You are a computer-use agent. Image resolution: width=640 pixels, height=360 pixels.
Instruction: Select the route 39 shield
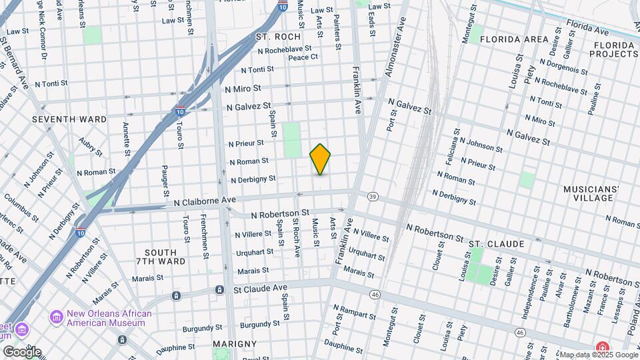[372, 196]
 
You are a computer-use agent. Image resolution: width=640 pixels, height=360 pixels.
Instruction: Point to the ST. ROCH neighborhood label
[278, 37]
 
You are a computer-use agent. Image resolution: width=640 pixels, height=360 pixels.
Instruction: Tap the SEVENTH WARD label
[69, 119]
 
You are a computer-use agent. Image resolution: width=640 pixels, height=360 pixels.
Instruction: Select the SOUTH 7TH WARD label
[161, 257]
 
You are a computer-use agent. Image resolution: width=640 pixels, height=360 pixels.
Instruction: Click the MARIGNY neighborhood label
[234, 344]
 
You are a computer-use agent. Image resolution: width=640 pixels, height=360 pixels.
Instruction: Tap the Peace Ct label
[303, 57]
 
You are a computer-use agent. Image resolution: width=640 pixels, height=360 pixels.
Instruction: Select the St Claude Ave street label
[260, 288]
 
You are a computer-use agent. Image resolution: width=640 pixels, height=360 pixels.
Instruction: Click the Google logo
[21, 351]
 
